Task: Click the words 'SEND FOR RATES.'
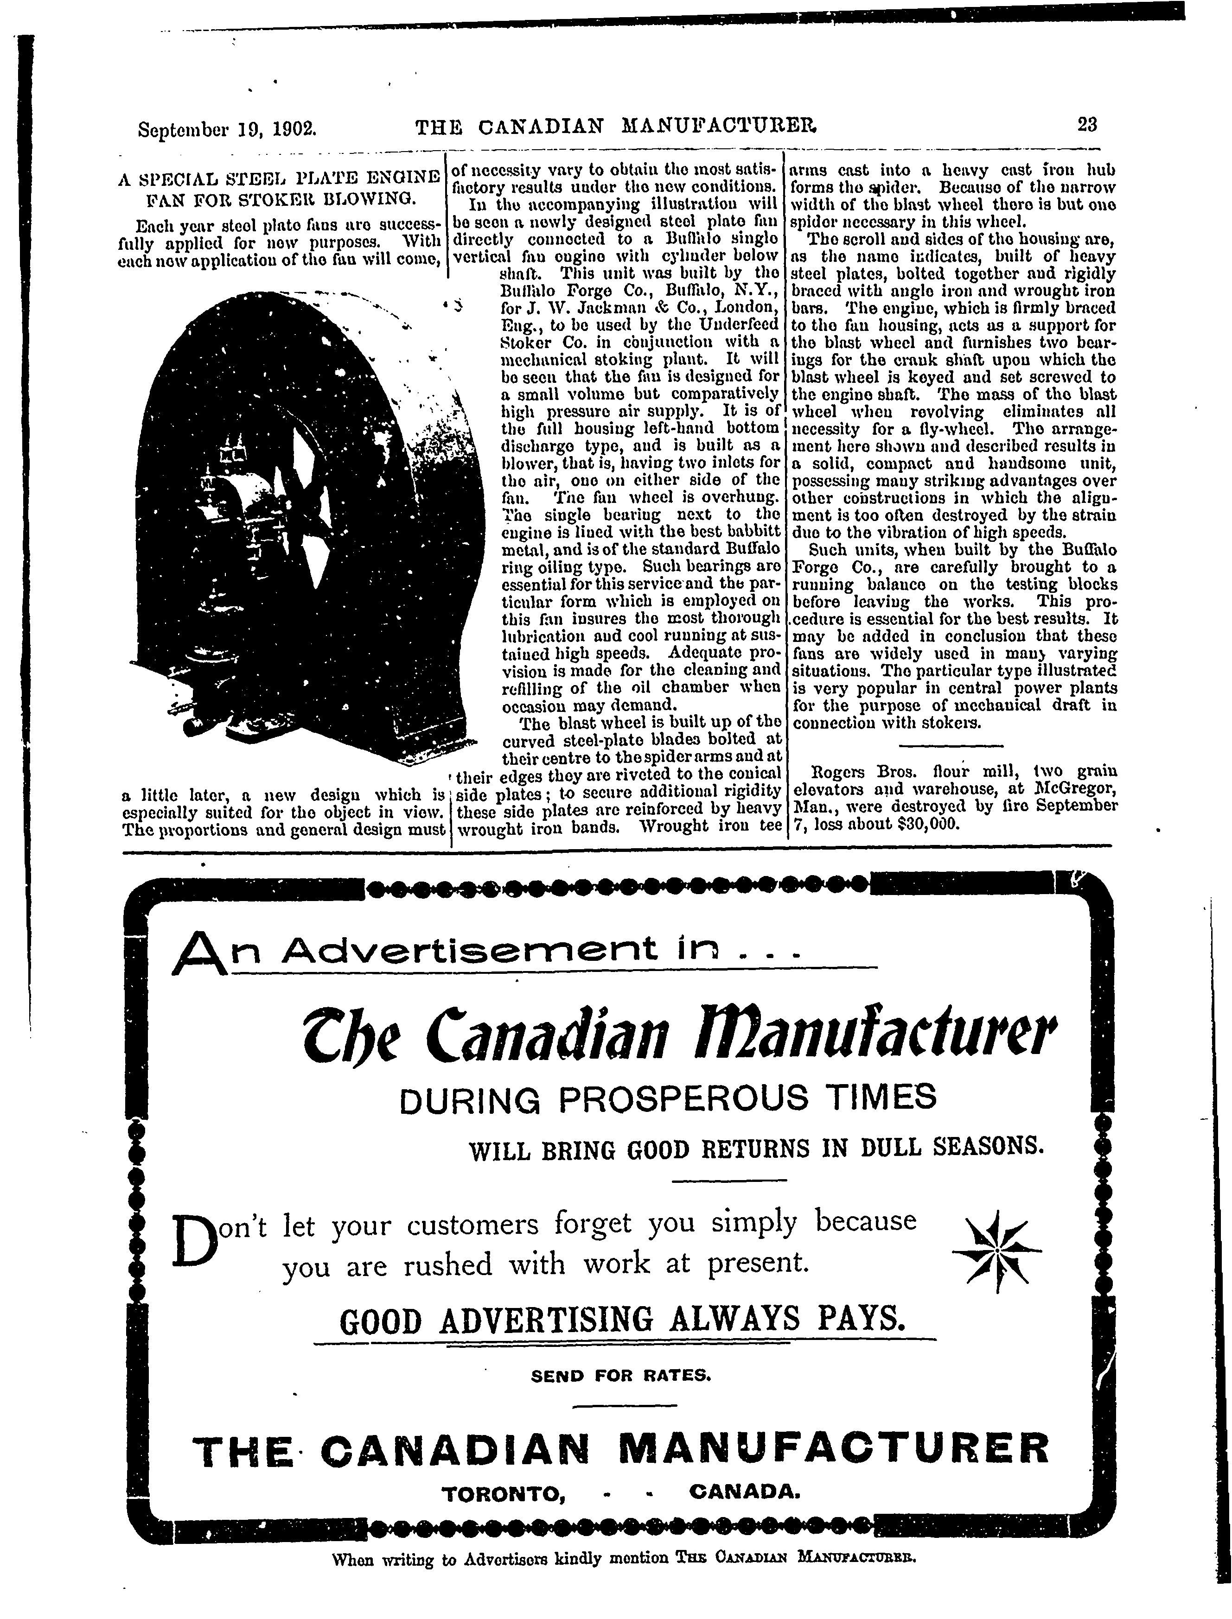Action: point(621,1376)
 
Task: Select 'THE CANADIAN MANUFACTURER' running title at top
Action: point(616,127)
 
